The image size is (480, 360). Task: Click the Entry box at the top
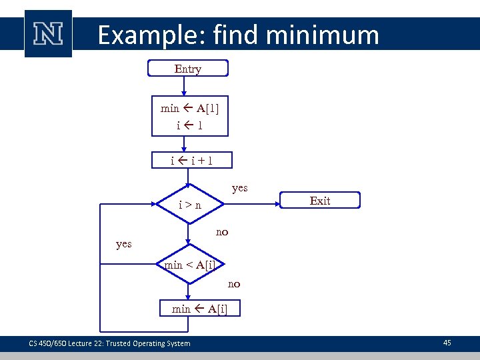(188, 69)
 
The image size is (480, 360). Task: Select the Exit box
(319, 200)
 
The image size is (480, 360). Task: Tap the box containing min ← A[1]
(189, 116)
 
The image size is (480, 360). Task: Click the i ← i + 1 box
(191, 160)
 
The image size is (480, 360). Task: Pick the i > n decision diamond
(190, 205)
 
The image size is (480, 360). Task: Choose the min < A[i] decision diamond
(190, 265)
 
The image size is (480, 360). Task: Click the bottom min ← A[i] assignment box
(199, 308)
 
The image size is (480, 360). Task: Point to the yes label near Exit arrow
(239, 188)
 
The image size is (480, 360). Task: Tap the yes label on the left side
(123, 244)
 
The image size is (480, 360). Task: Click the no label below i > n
(222, 232)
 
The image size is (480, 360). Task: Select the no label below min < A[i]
(234, 284)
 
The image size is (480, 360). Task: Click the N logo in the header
(48, 33)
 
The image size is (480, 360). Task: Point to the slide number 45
(447, 343)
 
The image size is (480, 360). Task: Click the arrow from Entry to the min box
(188, 87)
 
